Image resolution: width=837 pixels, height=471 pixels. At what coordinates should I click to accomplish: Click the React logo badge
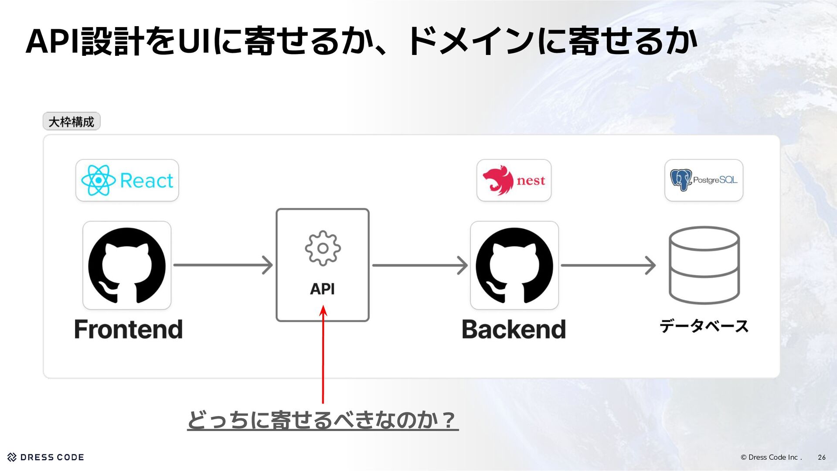pyautogui.click(x=127, y=180)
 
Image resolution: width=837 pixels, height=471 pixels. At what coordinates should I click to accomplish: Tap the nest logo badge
pyautogui.click(x=514, y=180)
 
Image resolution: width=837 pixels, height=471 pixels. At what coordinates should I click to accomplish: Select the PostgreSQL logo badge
pyautogui.click(x=704, y=180)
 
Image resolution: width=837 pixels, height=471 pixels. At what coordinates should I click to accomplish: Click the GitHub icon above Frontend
pyautogui.click(x=127, y=265)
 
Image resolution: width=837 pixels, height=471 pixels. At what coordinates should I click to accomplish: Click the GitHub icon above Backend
pyautogui.click(x=514, y=265)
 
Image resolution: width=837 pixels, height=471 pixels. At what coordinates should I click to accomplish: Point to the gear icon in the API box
pyautogui.click(x=323, y=248)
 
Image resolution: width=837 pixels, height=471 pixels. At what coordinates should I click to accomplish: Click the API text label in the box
pyautogui.click(x=323, y=289)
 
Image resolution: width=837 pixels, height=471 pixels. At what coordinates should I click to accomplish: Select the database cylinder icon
pyautogui.click(x=704, y=265)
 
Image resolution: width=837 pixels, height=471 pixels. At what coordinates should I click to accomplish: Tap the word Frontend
pyautogui.click(x=128, y=329)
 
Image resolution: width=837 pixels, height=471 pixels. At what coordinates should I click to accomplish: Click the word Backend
pyautogui.click(x=514, y=329)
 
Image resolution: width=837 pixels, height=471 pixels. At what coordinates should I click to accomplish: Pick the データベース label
pyautogui.click(x=704, y=326)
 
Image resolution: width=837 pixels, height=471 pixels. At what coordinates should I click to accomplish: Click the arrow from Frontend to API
pyautogui.click(x=223, y=265)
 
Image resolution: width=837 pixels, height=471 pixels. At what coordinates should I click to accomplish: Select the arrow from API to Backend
pyautogui.click(x=419, y=265)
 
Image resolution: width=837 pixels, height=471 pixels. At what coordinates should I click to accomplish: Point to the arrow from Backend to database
pyautogui.click(x=608, y=265)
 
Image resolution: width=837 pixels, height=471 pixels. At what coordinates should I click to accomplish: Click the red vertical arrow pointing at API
pyautogui.click(x=323, y=355)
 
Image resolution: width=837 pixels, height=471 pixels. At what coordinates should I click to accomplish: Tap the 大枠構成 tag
pyautogui.click(x=71, y=121)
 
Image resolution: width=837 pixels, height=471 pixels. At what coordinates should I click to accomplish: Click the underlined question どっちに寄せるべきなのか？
pyautogui.click(x=323, y=420)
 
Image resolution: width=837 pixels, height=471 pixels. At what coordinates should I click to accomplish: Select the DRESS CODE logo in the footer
pyautogui.click(x=46, y=457)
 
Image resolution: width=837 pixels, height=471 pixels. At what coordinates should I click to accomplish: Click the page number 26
pyautogui.click(x=821, y=457)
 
